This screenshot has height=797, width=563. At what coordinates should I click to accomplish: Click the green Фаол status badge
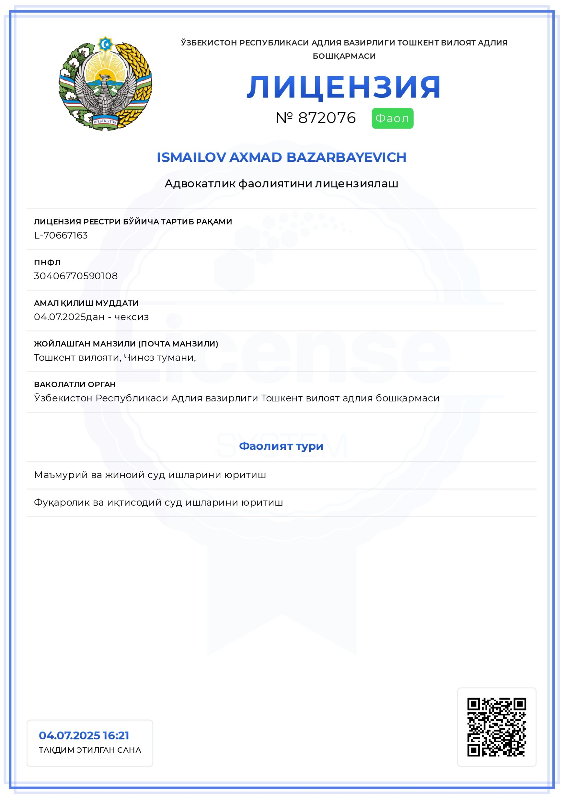[392, 118]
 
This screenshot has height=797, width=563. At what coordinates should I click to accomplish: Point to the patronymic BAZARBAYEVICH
[346, 157]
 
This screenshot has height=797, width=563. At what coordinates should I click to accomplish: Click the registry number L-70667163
[61, 235]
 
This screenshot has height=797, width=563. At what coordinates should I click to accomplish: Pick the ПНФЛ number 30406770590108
[76, 276]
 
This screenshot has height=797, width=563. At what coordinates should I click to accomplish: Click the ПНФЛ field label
[47, 262]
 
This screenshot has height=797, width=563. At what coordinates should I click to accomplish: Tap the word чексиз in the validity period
[132, 317]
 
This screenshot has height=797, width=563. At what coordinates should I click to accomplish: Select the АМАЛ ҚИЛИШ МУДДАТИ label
[86, 303]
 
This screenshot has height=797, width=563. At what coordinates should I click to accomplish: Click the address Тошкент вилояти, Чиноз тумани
[115, 357]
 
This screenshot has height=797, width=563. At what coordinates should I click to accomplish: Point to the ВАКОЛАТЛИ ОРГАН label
[75, 384]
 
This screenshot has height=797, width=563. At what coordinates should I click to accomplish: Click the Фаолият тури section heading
[281, 446]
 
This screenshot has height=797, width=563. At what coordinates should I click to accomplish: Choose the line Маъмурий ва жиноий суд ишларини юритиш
[150, 475]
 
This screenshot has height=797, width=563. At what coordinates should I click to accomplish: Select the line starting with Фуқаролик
[158, 502]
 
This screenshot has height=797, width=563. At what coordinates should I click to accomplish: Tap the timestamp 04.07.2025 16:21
[84, 736]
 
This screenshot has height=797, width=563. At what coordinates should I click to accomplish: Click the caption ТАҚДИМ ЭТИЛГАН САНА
[90, 750]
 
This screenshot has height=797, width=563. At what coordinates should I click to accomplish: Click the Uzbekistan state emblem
[105, 83]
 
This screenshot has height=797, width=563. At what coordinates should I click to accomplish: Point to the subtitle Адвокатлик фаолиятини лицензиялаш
[281, 184]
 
